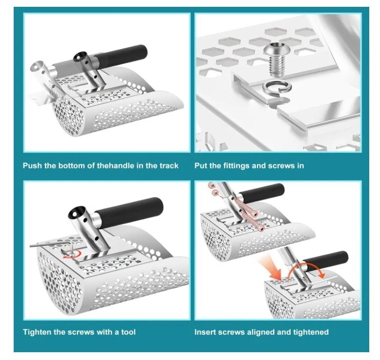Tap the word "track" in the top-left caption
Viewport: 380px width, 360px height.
click(169, 165)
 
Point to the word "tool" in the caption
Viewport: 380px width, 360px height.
click(128, 332)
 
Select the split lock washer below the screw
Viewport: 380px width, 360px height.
click(277, 87)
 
